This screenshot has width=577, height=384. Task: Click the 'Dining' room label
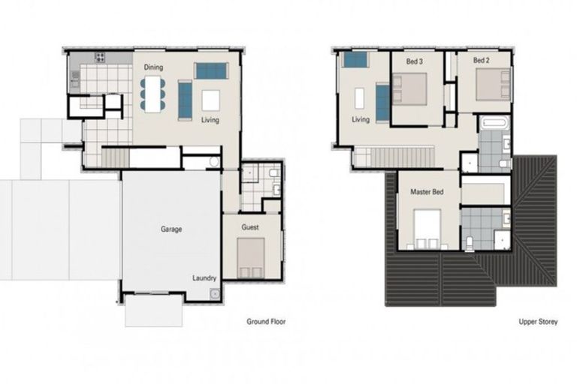154,67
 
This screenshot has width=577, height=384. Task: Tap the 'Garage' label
171,229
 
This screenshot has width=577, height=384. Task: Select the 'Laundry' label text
204,277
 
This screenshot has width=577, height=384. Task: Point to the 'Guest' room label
250,226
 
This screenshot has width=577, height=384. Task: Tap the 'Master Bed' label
427,193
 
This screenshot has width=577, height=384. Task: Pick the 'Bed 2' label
482,59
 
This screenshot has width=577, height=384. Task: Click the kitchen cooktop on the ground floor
99,57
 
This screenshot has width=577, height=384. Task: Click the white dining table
153,94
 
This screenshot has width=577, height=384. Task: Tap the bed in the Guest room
251,259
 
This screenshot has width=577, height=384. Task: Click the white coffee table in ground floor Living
210,100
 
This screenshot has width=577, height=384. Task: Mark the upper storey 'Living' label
361,119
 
